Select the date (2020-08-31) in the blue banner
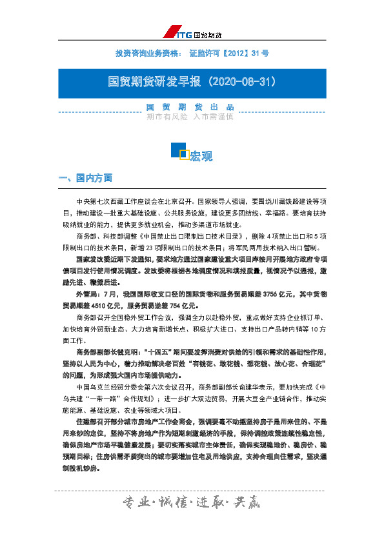pos(239,83)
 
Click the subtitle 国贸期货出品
pos(190,107)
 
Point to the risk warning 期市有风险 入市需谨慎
pos(190,117)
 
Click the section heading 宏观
pos(201,156)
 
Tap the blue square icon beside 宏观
pos(179,152)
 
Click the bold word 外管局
pos(86,293)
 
